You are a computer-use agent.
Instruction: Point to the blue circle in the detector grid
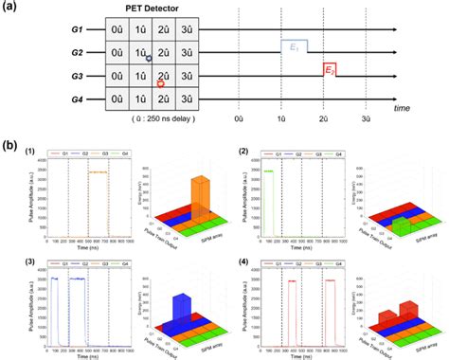[148, 59]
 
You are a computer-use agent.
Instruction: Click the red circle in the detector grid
[159, 83]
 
